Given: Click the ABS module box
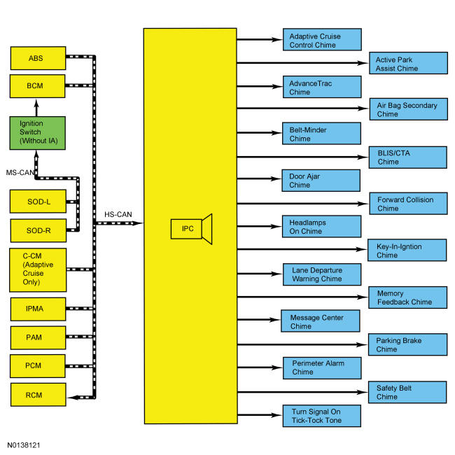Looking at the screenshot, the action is coord(38,58).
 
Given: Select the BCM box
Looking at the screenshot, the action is coord(37,86).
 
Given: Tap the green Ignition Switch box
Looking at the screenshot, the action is coord(37,133).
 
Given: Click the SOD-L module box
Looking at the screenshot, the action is coord(38,202).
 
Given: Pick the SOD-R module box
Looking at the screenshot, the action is coord(38,230).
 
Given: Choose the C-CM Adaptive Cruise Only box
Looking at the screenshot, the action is coord(38,270).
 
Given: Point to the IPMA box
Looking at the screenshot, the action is coord(38,309).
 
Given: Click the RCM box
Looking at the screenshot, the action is coord(38,395).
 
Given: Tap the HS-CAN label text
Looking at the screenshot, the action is coord(118,214).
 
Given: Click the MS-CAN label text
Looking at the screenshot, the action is coord(20,173).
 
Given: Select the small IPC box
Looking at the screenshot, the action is coord(186,229).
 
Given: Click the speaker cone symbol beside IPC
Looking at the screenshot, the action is coord(207,229).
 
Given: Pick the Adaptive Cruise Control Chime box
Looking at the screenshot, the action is coord(322,39).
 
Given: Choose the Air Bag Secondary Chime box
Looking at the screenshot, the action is coord(409,109).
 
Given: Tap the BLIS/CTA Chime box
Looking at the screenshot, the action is coord(408,157).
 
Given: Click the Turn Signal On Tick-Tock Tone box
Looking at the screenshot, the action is coord(322,416).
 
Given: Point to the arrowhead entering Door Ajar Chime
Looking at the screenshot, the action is coord(276,178).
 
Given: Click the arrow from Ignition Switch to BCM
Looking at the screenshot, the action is coord(36,108).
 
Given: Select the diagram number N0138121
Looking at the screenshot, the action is coord(24,445).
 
